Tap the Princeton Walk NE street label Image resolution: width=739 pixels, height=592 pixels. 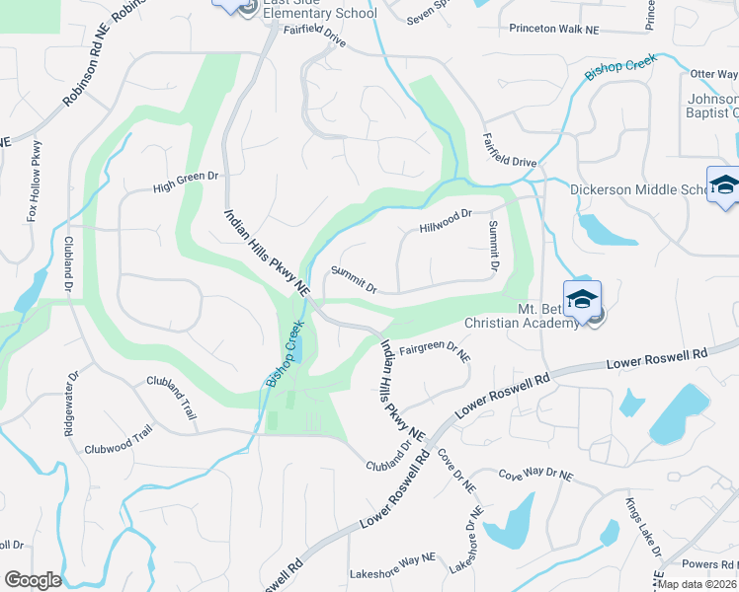point(554,30)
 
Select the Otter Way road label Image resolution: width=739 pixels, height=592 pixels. point(713,74)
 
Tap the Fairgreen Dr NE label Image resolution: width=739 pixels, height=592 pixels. point(435,347)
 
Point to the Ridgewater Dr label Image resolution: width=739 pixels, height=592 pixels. point(72,407)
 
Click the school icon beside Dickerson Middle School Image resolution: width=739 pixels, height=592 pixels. point(724,185)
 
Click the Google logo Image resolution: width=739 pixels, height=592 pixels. point(33,580)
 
